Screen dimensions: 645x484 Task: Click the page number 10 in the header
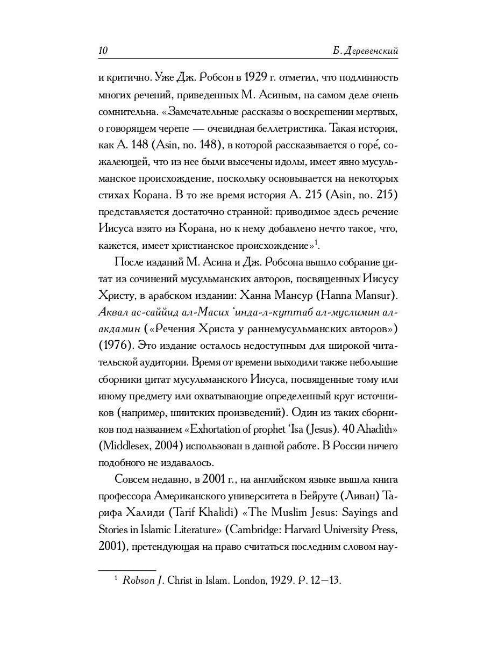[103, 51]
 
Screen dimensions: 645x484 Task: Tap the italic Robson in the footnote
[138, 580]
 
